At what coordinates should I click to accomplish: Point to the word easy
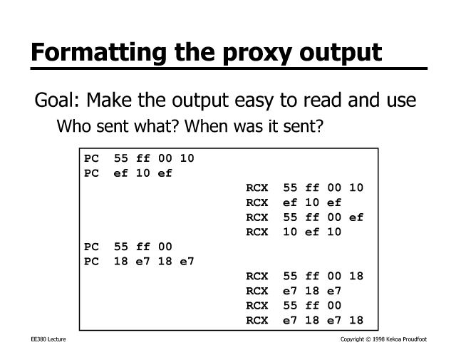(x=254, y=101)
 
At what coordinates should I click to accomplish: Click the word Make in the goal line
(x=109, y=100)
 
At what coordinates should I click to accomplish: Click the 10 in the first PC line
(x=187, y=158)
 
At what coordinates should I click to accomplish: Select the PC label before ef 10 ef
(x=91, y=173)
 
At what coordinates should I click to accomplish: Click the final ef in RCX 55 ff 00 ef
(x=356, y=217)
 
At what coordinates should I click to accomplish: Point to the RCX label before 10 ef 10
(x=256, y=232)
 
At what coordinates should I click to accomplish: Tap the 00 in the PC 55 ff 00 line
(x=165, y=247)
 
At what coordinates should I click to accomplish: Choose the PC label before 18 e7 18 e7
(x=91, y=262)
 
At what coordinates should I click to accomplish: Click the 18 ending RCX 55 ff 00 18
(x=356, y=276)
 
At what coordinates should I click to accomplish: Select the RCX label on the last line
(x=256, y=320)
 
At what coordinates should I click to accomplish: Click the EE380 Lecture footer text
(x=48, y=339)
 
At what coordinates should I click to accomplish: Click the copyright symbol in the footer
(x=368, y=339)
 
